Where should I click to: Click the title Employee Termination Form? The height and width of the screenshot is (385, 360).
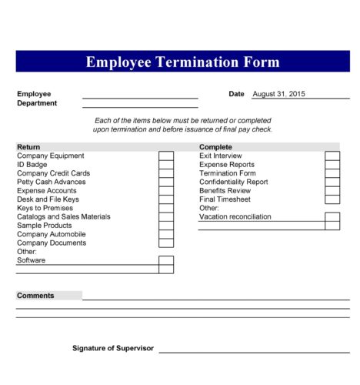(182, 62)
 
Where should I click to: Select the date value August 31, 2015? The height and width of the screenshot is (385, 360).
(278, 94)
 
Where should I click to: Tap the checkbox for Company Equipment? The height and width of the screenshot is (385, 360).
(166, 156)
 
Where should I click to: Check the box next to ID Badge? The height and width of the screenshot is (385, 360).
(166, 165)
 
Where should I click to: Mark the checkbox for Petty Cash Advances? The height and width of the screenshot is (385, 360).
(166, 182)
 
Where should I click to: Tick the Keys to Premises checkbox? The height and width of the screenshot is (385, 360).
(166, 209)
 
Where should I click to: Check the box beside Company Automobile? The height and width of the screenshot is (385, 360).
(166, 234)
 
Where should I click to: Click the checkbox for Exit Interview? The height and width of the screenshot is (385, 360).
(332, 156)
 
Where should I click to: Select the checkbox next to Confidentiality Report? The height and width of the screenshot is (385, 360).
(332, 182)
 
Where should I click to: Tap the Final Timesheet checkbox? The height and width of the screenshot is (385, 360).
(332, 199)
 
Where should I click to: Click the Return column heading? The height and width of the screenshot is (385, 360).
(28, 146)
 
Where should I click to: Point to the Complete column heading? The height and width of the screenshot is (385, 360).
(215, 146)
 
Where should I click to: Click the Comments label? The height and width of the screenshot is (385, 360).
(35, 296)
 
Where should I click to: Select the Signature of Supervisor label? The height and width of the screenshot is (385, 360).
(113, 348)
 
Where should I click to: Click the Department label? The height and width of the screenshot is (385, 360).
(37, 103)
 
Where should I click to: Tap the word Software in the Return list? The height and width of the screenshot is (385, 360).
(32, 260)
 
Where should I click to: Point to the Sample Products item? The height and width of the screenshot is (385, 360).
(45, 226)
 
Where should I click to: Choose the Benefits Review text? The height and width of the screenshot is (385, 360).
(225, 191)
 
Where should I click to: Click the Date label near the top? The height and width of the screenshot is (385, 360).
(236, 94)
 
